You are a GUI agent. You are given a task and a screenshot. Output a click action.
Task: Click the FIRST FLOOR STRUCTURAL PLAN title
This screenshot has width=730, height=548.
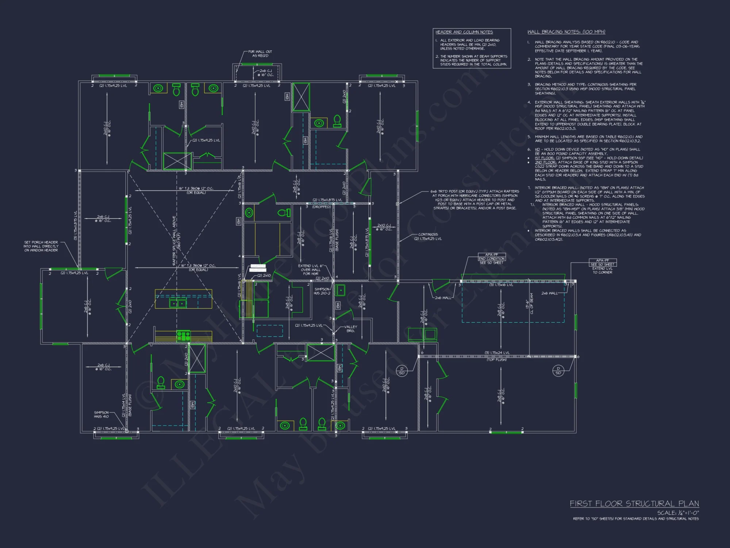click(634, 504)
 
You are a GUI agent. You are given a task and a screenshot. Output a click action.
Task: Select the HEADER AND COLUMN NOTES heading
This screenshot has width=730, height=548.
click(464, 32)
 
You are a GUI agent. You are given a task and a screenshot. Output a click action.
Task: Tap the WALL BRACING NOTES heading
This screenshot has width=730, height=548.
click(566, 32)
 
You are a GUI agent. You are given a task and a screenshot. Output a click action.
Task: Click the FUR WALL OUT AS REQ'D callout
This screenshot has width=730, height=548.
click(260, 54)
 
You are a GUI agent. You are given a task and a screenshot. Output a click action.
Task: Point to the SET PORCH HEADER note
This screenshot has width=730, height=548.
click(41, 246)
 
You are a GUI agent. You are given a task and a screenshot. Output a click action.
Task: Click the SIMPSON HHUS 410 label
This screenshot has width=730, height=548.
click(101, 414)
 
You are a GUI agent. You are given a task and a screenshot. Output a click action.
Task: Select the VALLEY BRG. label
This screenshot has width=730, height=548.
click(350, 329)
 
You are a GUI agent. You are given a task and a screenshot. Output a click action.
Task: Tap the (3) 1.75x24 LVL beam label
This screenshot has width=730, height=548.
click(497, 353)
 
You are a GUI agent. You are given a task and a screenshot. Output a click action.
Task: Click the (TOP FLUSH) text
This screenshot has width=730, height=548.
click(496, 360)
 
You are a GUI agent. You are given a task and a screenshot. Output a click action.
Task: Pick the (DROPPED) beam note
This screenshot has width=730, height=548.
click(321, 207)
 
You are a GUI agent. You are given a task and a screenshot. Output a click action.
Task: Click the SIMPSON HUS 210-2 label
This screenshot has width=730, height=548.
click(322, 291)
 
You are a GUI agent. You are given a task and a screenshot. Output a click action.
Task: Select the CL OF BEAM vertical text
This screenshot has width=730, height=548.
click(531, 304)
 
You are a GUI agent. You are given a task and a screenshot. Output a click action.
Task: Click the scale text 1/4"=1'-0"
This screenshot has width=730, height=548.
click(678, 513)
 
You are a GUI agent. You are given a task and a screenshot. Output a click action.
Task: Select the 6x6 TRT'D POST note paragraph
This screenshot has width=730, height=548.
click(474, 200)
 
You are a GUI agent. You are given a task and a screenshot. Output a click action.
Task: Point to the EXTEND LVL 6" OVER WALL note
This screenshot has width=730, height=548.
click(310, 270)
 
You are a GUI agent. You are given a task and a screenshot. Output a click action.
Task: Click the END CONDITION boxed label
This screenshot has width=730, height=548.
click(492, 259)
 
